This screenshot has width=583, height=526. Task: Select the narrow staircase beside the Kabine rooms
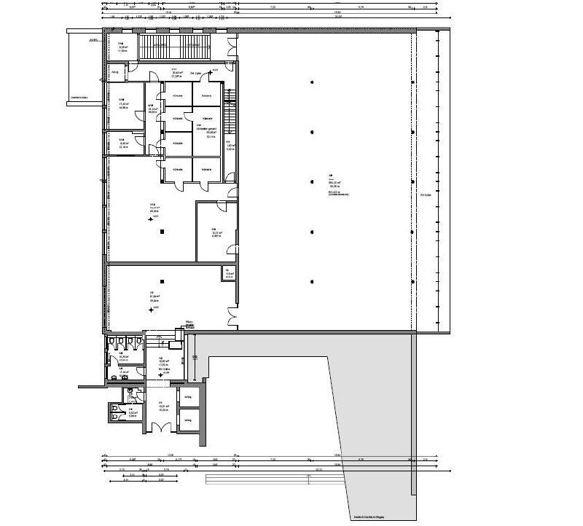click(232, 113)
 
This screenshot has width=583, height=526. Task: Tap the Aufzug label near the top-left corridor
click(115, 72)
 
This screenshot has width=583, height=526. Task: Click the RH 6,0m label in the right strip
click(427, 195)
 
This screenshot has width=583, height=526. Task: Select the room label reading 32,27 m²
click(216, 234)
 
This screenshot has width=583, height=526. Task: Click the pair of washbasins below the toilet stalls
click(130, 391)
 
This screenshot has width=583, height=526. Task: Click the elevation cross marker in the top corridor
click(211, 71)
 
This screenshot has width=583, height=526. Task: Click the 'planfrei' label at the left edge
click(93, 41)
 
